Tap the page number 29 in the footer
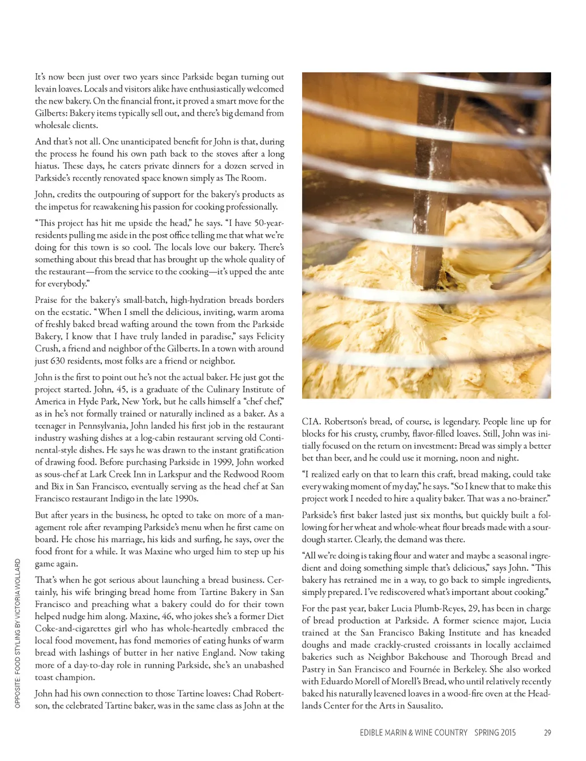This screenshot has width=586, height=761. click(x=548, y=732)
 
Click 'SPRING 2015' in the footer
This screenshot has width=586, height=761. click(x=495, y=732)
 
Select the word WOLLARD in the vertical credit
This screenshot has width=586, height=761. click(x=18, y=578)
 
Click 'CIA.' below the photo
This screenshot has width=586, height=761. click(x=311, y=421)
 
